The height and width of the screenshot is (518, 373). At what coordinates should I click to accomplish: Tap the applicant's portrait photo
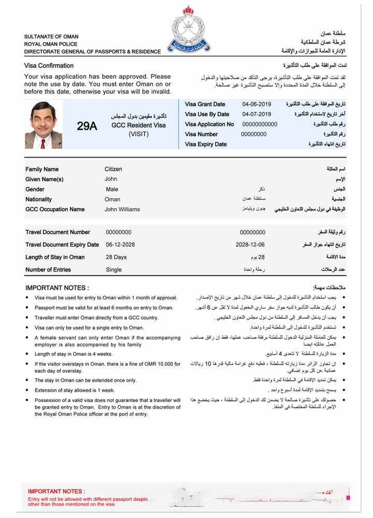coord(44,125)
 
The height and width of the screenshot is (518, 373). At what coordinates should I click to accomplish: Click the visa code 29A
coord(87,126)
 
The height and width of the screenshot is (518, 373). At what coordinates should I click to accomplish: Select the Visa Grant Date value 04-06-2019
coord(256,104)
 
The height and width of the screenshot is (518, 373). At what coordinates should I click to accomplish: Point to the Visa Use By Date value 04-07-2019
coord(256,114)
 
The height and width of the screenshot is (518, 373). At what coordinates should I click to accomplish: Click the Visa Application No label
coord(209,124)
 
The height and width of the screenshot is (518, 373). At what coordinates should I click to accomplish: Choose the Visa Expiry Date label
coord(206,145)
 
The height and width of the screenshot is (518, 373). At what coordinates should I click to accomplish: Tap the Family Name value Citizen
coord(113,169)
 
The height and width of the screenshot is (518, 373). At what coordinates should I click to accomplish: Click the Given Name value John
coord(111,179)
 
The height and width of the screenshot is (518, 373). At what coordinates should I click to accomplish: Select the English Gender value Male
coord(112,190)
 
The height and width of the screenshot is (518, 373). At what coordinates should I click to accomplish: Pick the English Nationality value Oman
coord(112,199)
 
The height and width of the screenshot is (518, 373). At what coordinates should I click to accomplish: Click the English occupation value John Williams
coord(122,210)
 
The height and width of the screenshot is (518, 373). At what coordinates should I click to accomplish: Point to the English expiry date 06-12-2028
coord(120,244)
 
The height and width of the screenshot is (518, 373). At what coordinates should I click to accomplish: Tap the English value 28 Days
coord(116,257)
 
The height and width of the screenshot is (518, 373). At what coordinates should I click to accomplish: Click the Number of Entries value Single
coord(113,269)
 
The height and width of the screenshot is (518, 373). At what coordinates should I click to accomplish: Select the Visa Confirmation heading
coord(49,66)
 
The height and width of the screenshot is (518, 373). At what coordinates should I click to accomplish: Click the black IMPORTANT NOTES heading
coord(57,288)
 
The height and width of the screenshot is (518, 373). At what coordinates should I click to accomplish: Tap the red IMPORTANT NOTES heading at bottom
coord(56,491)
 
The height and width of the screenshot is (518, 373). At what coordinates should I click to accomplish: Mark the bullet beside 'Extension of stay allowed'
coord(27,391)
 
